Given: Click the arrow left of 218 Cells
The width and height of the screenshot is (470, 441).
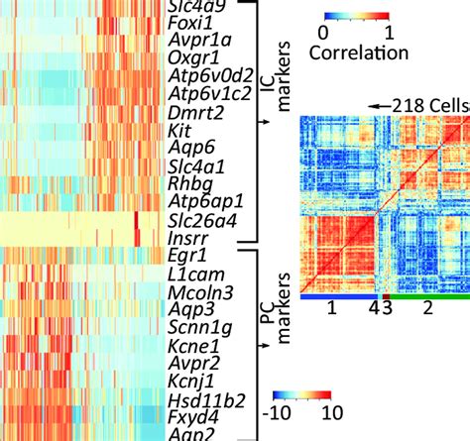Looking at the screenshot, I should pos(378,104).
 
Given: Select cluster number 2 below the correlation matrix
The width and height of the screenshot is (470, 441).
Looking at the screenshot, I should pos(428,309).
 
